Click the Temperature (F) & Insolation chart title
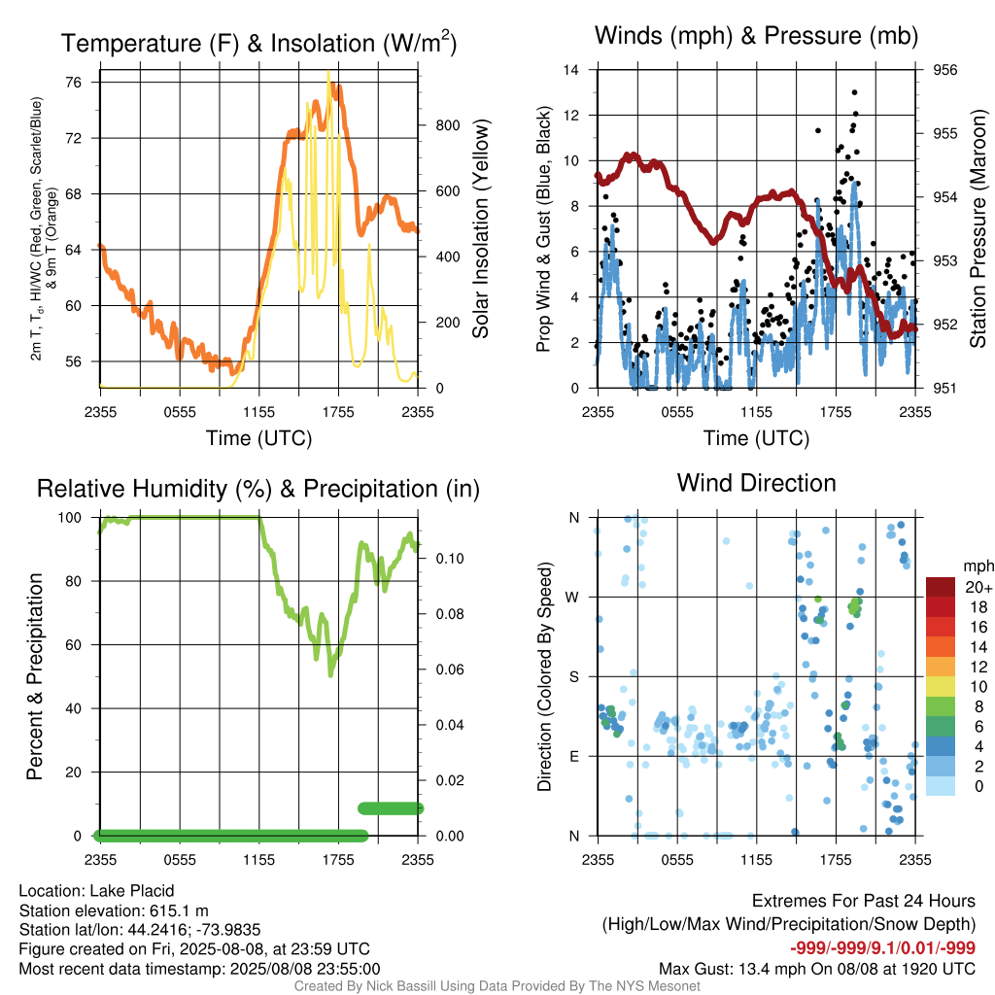click(x=258, y=43)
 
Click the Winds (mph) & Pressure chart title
click(x=756, y=36)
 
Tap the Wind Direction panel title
click(x=756, y=483)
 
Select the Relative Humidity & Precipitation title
click(x=258, y=489)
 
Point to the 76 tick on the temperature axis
click(x=74, y=82)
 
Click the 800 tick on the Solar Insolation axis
click(x=447, y=125)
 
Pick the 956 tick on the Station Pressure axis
click(x=944, y=70)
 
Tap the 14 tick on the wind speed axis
click(x=571, y=70)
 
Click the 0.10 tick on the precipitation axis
click(x=450, y=559)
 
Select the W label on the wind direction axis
click(x=572, y=598)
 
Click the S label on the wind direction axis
click(x=573, y=677)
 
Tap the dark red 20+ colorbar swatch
click(x=941, y=586)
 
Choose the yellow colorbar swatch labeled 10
click(x=941, y=686)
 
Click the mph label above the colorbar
click(x=978, y=566)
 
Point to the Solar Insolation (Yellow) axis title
click(x=481, y=228)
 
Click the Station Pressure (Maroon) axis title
click(x=978, y=228)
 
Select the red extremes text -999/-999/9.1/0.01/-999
click(x=882, y=948)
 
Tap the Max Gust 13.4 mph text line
click(x=816, y=969)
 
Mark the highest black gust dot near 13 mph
click(x=855, y=92)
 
